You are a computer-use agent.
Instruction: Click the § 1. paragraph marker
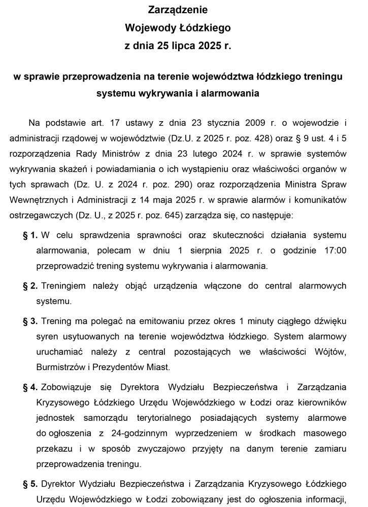[30, 235]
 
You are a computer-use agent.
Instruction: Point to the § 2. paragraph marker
[30, 286]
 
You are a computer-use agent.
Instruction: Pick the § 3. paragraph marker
[30, 321]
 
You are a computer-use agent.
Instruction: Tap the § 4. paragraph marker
[30, 387]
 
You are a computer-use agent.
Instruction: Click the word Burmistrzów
[59, 367]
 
